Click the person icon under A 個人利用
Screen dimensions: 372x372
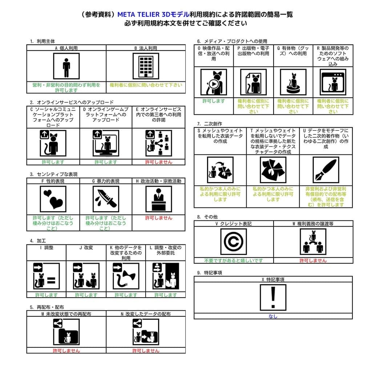pos(66,66)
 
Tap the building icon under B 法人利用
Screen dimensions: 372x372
pos(146,66)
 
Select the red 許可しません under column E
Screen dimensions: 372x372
pos(159,162)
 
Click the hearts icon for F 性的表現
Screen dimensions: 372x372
pos(53,199)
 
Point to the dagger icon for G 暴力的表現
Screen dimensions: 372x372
pos(106,199)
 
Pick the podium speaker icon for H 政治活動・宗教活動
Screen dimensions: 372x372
pos(159,199)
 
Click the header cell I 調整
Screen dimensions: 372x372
pos(46,248)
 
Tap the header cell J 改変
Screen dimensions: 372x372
pos(86,248)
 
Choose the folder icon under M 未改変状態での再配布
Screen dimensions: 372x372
pos(66,332)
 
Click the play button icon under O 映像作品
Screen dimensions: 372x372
pos(214,82)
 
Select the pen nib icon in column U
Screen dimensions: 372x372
pos(326,170)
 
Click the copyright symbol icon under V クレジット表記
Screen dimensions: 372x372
pos(234,242)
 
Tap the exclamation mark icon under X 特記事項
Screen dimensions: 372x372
pos(273,297)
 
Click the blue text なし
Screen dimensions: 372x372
pos(273,316)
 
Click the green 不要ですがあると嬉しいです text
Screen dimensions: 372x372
pos(234,260)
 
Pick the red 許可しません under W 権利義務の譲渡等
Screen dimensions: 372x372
pos(313,260)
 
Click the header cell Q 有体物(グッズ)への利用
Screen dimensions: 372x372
pos(293,51)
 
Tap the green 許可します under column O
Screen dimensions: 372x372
pos(214,101)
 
